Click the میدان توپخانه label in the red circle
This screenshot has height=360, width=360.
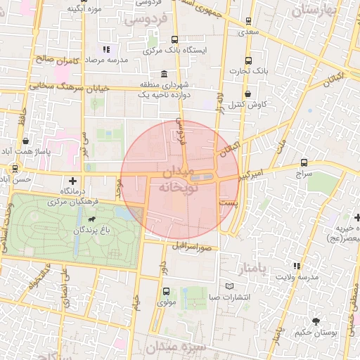point(180,181)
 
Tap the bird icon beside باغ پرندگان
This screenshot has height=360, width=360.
point(91,229)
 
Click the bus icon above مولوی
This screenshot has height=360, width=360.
point(167,291)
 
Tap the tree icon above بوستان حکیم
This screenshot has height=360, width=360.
point(316,321)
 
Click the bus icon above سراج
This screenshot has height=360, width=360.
point(304,162)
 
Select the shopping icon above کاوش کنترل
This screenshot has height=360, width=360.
point(247,94)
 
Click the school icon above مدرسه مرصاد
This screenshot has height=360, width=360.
point(107,49)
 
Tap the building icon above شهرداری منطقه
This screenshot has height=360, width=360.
point(165,75)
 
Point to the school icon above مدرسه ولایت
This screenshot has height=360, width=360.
point(296,266)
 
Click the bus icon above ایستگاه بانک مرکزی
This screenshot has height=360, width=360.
point(174,40)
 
